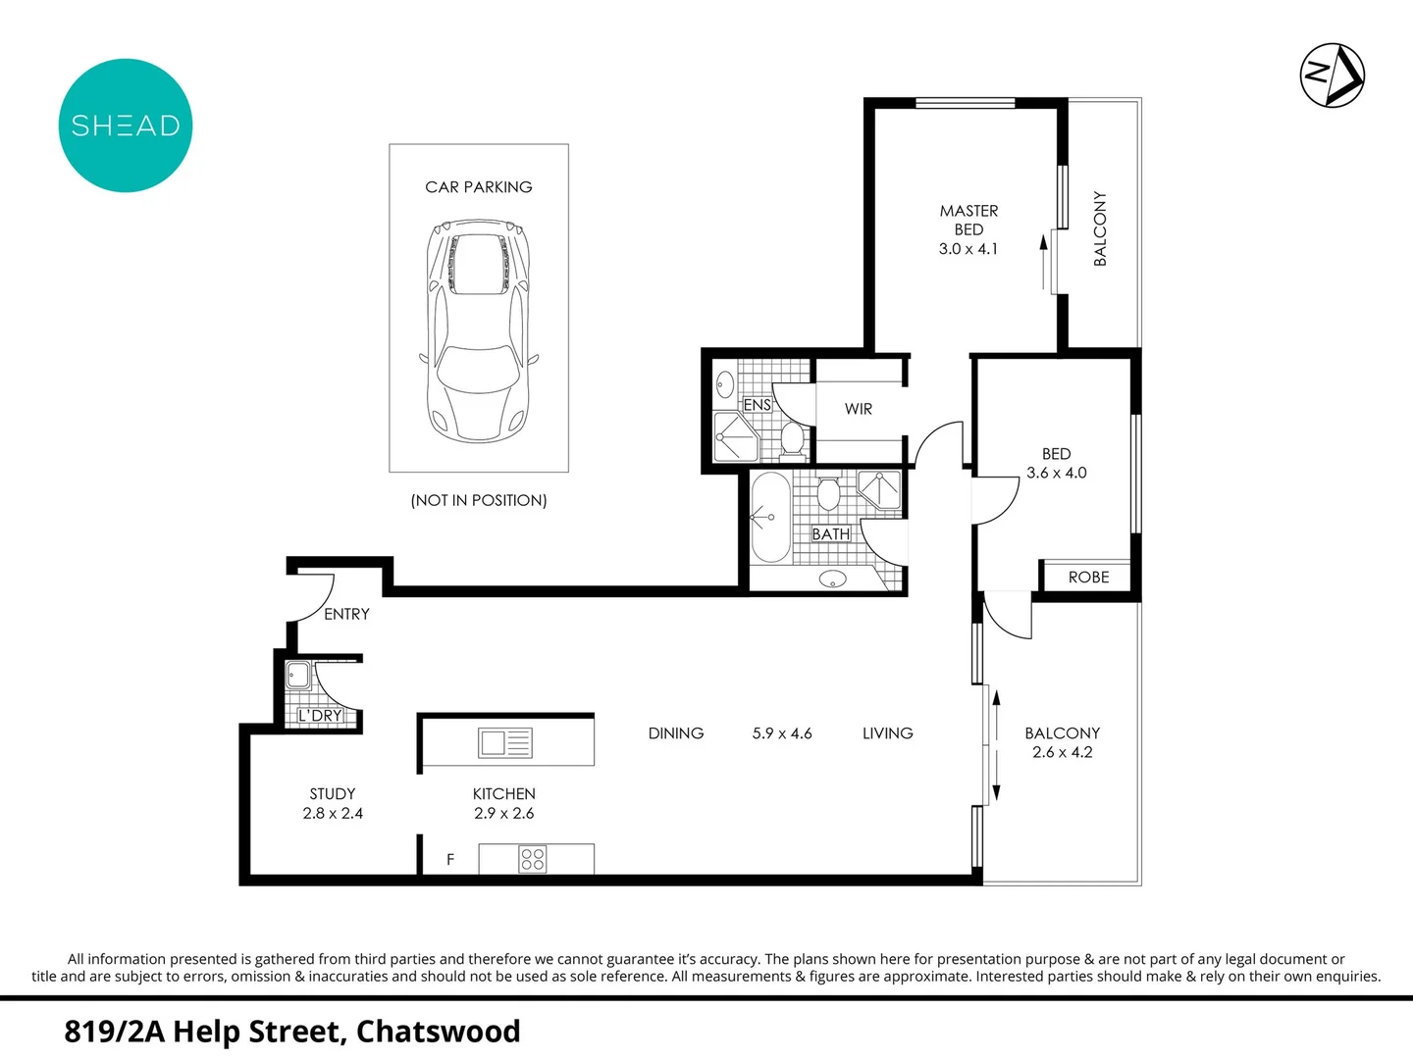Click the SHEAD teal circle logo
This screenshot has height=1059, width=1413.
(x=126, y=126)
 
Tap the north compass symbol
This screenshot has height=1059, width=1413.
(x=1332, y=75)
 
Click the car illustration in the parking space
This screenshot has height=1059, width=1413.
(x=478, y=330)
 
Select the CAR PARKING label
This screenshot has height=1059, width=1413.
(x=478, y=187)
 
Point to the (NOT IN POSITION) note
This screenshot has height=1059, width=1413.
(x=478, y=500)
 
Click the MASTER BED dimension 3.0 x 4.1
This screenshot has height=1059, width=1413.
(x=968, y=249)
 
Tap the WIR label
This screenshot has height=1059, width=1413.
(x=858, y=409)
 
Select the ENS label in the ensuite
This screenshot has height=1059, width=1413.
(x=757, y=405)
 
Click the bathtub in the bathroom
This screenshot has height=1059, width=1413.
(x=770, y=518)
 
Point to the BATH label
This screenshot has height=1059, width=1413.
(x=830, y=534)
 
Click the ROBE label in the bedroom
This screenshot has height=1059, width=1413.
(x=1088, y=578)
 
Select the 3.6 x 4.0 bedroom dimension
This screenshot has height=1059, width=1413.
(x=1056, y=473)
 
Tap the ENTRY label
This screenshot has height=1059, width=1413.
(x=346, y=614)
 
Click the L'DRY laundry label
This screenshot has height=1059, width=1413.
(x=320, y=716)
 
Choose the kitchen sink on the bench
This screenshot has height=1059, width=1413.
(x=504, y=743)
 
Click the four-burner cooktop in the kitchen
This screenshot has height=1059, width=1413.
(x=533, y=860)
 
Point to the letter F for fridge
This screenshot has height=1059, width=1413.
(x=450, y=860)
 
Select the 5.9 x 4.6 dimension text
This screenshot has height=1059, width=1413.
(x=782, y=733)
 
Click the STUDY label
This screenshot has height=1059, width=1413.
(x=333, y=794)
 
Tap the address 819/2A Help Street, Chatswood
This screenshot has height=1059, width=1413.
(x=292, y=1032)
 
